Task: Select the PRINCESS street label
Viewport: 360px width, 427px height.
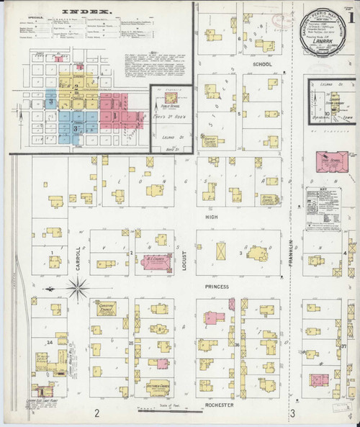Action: click(x=216, y=287)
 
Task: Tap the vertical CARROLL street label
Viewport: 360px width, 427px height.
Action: click(x=77, y=253)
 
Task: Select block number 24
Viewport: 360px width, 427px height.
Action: click(x=50, y=342)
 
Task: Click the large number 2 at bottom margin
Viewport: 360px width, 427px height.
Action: click(x=96, y=413)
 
